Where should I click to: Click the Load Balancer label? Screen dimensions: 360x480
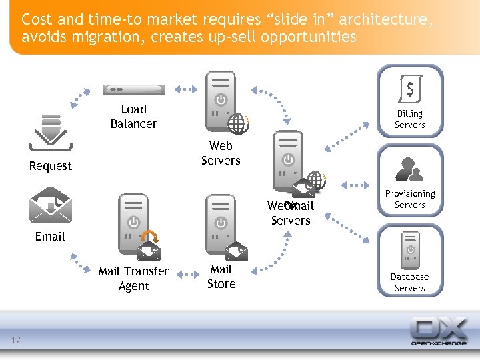pos(133,117)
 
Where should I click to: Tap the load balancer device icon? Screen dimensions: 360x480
pos(133,89)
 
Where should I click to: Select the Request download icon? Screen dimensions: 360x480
pos(51,133)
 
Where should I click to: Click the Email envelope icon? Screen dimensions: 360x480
pos(51,206)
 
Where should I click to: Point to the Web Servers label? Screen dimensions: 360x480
pos(221,153)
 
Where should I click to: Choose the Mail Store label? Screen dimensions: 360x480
pos(221,277)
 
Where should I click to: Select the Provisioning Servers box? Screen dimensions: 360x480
pos(409,181)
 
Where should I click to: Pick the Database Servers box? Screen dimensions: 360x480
pos(409,261)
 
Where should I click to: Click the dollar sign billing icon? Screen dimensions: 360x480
pos(409,88)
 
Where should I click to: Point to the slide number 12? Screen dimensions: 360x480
pos(16,341)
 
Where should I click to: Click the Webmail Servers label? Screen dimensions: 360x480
pos(291,213)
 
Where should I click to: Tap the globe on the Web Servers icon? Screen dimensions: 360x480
pos(238,123)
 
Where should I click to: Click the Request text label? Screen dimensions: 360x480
pos(50,166)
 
